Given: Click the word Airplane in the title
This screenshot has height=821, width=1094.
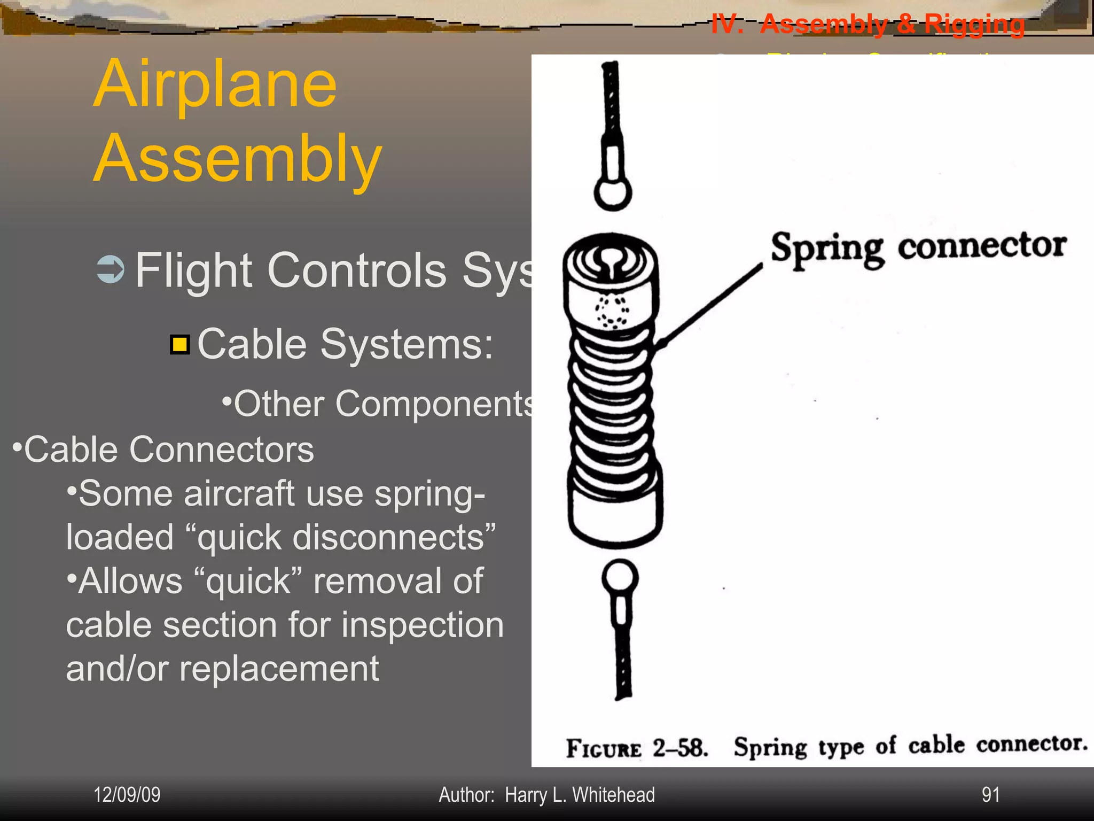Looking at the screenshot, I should pyautogui.click(x=215, y=84).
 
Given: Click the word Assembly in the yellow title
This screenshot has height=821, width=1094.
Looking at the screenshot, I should pyautogui.click(x=238, y=159).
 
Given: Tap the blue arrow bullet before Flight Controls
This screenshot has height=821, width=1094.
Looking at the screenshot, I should pyautogui.click(x=111, y=269).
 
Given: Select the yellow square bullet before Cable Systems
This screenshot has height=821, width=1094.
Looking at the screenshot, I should pyautogui.click(x=180, y=345).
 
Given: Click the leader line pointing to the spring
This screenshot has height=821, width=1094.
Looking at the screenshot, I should pyautogui.click(x=710, y=305).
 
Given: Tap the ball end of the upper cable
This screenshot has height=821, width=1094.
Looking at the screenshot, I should pyautogui.click(x=613, y=193).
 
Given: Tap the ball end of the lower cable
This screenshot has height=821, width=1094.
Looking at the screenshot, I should pyautogui.click(x=620, y=577).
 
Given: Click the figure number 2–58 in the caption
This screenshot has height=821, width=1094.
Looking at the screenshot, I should pyautogui.click(x=680, y=748).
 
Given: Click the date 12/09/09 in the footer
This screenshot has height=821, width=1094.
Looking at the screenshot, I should pyautogui.click(x=127, y=795).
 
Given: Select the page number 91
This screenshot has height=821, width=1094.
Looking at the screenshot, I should pyautogui.click(x=990, y=795).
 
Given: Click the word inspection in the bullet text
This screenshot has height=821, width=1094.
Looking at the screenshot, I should pyautogui.click(x=422, y=625).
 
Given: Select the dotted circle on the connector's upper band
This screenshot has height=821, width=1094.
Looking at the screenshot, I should pyautogui.click(x=611, y=312).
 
